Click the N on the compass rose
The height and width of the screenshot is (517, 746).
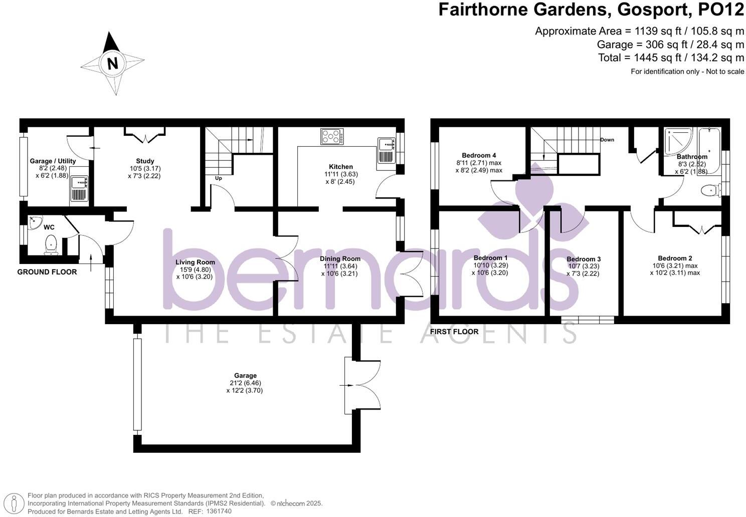(112, 64)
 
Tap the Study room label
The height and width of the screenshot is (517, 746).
(145, 161)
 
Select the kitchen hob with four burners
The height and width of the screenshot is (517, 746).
(332, 136)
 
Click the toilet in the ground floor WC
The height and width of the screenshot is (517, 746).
(51, 245)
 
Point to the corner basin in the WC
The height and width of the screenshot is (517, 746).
(35, 222)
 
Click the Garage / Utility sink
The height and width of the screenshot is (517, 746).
(79, 188)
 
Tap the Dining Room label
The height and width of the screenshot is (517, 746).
(340, 258)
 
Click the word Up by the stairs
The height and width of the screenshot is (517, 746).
(218, 178)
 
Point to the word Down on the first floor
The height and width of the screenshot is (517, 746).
(607, 139)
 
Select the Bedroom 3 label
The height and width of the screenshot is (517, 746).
(584, 259)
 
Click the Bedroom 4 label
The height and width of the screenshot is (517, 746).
(479, 155)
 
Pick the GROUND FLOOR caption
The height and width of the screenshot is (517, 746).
(47, 272)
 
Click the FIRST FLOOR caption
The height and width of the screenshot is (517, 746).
(454, 331)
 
